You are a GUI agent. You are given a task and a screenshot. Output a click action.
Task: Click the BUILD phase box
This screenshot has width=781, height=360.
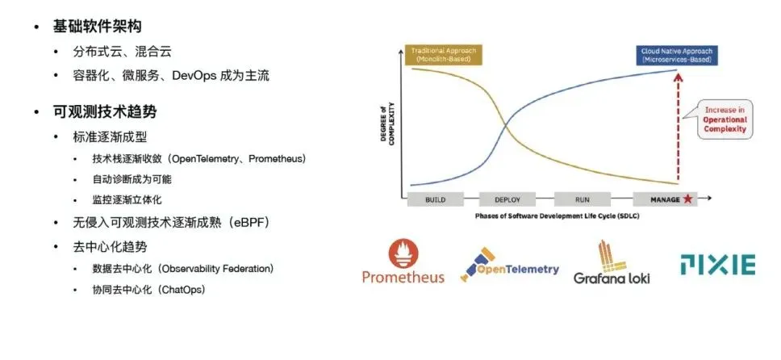pyautogui.click(x=436, y=199)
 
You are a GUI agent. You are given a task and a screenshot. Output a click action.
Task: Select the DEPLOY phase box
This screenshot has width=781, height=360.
pyautogui.click(x=507, y=199)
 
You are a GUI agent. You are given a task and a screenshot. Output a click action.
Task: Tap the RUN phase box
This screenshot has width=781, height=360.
pyautogui.click(x=583, y=199)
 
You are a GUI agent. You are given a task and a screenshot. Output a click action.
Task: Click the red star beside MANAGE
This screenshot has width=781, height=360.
pyautogui.click(x=687, y=199)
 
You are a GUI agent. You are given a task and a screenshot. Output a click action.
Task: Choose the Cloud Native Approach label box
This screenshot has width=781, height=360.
pyautogui.click(x=676, y=56)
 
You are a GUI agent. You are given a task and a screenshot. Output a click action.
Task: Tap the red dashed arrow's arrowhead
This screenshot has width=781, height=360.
pyautogui.click(x=677, y=77)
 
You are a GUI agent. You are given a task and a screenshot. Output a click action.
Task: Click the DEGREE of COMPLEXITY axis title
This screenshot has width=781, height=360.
pyautogui.click(x=387, y=123)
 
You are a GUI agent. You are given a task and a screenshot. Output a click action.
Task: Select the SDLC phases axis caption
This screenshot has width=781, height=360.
pyautogui.click(x=557, y=216)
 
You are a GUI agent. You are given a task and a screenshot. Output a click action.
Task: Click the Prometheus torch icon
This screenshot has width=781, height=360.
pyautogui.click(x=404, y=254)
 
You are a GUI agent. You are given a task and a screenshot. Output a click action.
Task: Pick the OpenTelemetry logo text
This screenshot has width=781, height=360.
pyautogui.click(x=518, y=270)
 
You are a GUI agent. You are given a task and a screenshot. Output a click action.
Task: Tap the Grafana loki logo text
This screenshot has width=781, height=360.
pyautogui.click(x=612, y=277)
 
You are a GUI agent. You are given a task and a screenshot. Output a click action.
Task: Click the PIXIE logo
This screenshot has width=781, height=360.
pyautogui.click(x=718, y=264)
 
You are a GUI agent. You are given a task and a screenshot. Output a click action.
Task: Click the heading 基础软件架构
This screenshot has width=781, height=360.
pyautogui.click(x=97, y=27)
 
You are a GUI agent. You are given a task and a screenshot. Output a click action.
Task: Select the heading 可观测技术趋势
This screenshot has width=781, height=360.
pyautogui.click(x=105, y=111)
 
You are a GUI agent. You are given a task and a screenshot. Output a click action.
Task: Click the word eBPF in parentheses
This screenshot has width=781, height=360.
pyautogui.click(x=252, y=223)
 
